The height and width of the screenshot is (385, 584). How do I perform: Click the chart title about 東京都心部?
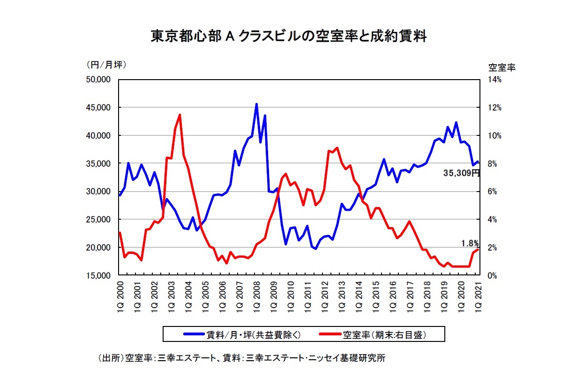coord(288,36)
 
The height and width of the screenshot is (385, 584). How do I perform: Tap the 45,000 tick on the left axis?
coord(99,108)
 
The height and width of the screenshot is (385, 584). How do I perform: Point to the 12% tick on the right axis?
coord(494,108)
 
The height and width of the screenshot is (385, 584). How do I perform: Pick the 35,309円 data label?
coord(462,173)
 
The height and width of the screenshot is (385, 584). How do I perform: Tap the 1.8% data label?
coord(469,243)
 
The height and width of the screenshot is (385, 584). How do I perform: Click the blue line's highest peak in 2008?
coord(256,104)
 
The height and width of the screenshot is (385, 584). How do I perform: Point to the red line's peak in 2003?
coord(180,115)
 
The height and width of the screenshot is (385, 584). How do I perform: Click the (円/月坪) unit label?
coord(106,65)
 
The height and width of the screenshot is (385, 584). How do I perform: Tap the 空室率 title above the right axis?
coord(502,67)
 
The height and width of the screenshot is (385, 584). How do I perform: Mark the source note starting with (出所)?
coord(241,358)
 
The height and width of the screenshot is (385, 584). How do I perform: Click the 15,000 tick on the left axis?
coord(99,275)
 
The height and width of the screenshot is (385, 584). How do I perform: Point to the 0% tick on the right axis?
coord(493,275)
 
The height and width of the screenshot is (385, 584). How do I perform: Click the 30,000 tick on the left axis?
coord(99,192)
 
